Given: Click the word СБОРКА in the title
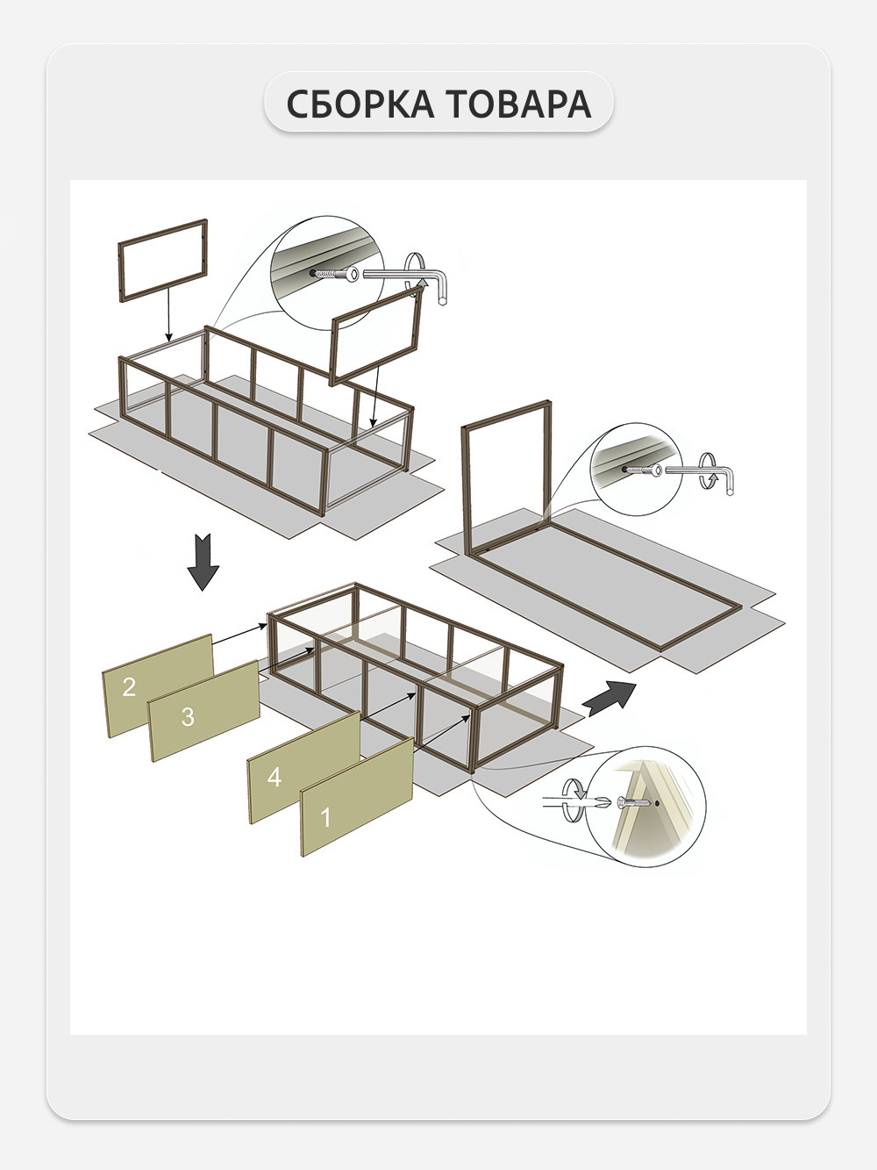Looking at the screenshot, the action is click(360, 104).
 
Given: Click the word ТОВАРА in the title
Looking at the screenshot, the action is click(518, 104).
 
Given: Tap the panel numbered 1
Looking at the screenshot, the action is click(357, 797).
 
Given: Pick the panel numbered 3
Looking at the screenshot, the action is click(203, 711).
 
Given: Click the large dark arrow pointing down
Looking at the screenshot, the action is click(203, 562).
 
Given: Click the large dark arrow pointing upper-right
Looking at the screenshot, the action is click(610, 699).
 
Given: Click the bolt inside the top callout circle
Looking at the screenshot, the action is click(336, 274).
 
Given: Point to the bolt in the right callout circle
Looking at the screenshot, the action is click(643, 470).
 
